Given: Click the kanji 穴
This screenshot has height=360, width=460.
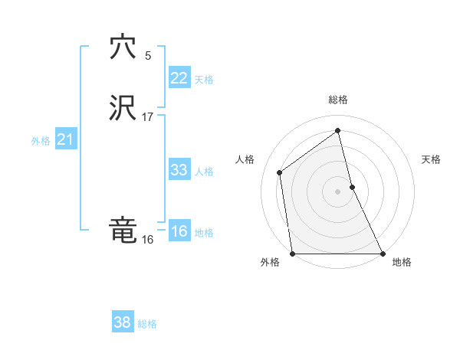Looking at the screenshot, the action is (123, 47).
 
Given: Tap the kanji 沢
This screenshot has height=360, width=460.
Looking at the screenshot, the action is (123, 108).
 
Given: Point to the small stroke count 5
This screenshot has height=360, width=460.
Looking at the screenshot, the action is (148, 56).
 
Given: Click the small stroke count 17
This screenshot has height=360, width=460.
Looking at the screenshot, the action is (148, 117).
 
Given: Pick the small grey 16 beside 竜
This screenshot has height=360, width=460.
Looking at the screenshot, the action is (147, 240).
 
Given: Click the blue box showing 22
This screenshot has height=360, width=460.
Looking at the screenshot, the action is (179, 77).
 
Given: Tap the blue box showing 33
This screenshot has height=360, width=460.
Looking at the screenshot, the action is (179, 170).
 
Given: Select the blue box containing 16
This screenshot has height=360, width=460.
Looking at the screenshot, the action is (179, 231).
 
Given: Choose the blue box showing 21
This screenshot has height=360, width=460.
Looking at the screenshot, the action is (65, 139).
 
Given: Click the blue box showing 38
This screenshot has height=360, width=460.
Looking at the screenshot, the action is (122, 322).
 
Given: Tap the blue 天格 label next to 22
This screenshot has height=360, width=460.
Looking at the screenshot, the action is (204, 80).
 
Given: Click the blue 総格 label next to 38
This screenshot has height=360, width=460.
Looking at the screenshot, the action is (147, 324).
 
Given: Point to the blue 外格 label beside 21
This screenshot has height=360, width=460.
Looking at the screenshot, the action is (41, 141).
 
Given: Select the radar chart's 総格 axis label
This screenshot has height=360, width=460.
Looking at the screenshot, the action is (338, 100).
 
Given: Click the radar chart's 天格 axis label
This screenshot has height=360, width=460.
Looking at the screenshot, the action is (431, 159).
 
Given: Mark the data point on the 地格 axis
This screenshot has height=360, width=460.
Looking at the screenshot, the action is (382, 253).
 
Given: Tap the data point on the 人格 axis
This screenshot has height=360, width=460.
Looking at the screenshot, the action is (279, 172).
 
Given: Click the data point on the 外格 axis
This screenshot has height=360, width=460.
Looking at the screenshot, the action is (293, 253).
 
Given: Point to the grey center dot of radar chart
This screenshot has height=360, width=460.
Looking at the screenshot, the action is (338, 191).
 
